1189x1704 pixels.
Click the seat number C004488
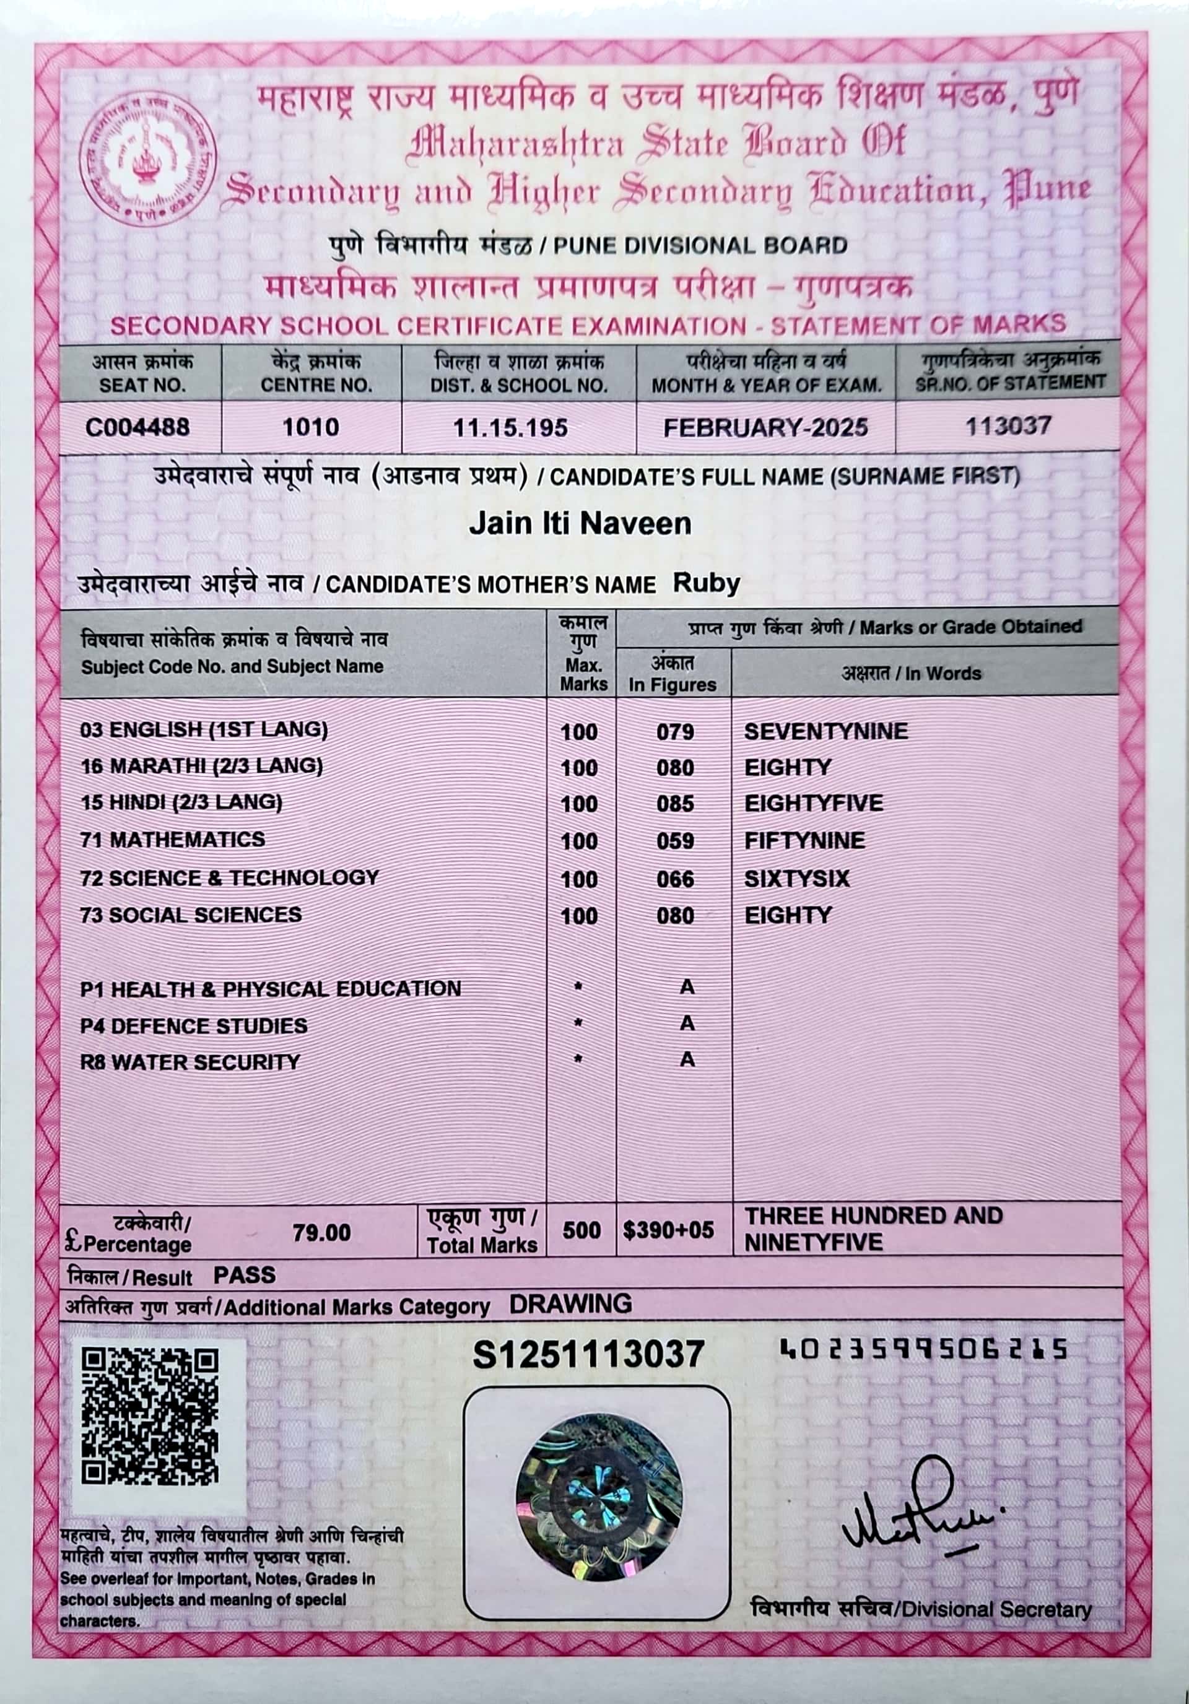[138, 427]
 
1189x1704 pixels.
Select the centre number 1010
[311, 427]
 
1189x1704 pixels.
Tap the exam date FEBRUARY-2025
[765, 427]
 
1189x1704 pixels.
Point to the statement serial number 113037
[1008, 426]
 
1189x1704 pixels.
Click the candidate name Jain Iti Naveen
[580, 524]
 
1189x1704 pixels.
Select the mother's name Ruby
[706, 583]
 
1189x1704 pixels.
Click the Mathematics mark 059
[674, 841]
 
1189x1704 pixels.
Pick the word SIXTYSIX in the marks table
[796, 879]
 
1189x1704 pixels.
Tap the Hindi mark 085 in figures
[674, 804]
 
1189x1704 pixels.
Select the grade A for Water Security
[687, 1059]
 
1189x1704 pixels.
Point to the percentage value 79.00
[321, 1233]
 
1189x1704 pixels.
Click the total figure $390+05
[668, 1230]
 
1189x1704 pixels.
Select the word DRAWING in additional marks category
[570, 1304]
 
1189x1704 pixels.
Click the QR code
[150, 1417]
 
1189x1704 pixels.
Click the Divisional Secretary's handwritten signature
[920, 1506]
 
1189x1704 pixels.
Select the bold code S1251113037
[588, 1354]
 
